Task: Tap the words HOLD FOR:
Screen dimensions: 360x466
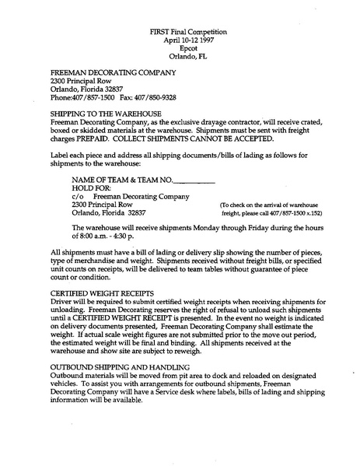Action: tap(90, 188)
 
